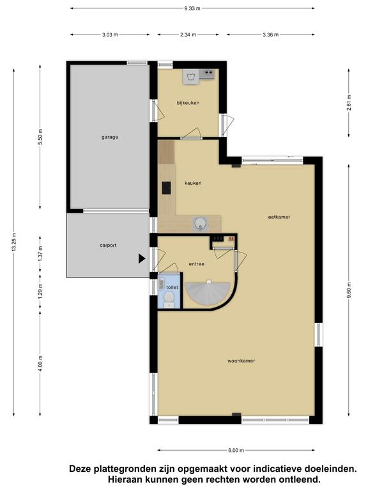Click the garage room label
click(109, 137)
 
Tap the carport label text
click(108, 245)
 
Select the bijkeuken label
click(188, 103)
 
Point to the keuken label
click(193, 183)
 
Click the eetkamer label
click(279, 217)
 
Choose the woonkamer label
click(241, 361)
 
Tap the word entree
click(197, 264)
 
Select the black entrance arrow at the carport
click(142, 258)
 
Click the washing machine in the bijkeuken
click(191, 77)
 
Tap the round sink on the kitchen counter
click(200, 224)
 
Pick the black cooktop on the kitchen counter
click(166, 188)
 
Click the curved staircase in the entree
click(208, 292)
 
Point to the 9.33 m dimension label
click(192, 8)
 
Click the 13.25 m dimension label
click(14, 242)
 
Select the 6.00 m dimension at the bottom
click(236, 451)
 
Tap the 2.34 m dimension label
click(188, 35)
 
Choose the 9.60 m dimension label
click(349, 292)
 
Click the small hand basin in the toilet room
click(161, 284)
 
